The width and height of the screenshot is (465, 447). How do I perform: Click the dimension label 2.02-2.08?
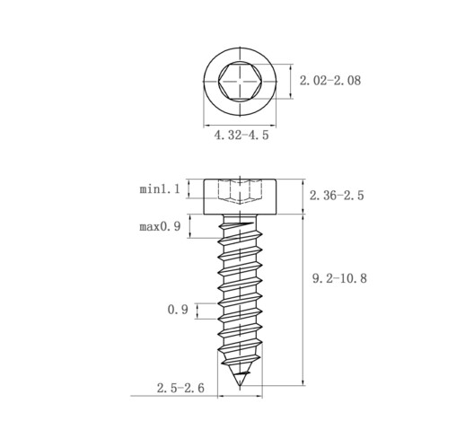coord(330,81)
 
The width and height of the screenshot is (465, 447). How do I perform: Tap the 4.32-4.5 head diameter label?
coord(241,135)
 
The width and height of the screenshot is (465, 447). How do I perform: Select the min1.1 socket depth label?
coord(160,189)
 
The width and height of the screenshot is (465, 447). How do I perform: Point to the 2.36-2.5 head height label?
coord(337,196)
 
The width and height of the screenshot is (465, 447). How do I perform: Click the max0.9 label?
coord(160,226)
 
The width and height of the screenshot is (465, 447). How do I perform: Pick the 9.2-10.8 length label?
coord(339,278)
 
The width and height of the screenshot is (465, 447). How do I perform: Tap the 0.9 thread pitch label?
coord(178,310)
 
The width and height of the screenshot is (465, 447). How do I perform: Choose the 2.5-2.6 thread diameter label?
coord(180,388)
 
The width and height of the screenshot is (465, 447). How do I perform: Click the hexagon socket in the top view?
coord(240,81)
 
